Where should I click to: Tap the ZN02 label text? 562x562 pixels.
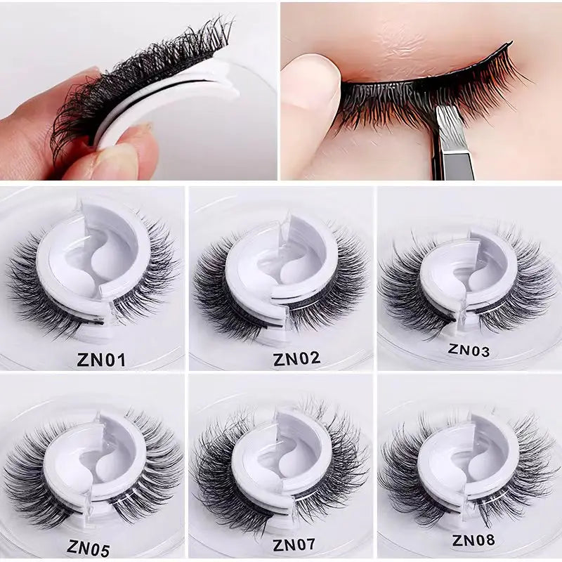point(296,358)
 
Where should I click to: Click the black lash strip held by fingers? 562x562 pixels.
point(140,77)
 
